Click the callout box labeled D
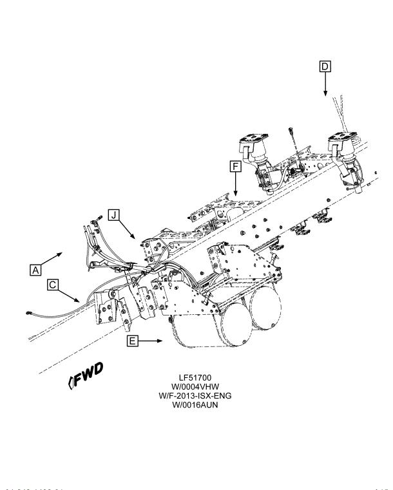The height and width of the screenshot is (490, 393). click(x=326, y=66)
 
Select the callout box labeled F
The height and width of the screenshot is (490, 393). click(x=236, y=167)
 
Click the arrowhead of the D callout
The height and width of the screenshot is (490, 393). click(x=326, y=94)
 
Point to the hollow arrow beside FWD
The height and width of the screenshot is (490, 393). click(x=70, y=384)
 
